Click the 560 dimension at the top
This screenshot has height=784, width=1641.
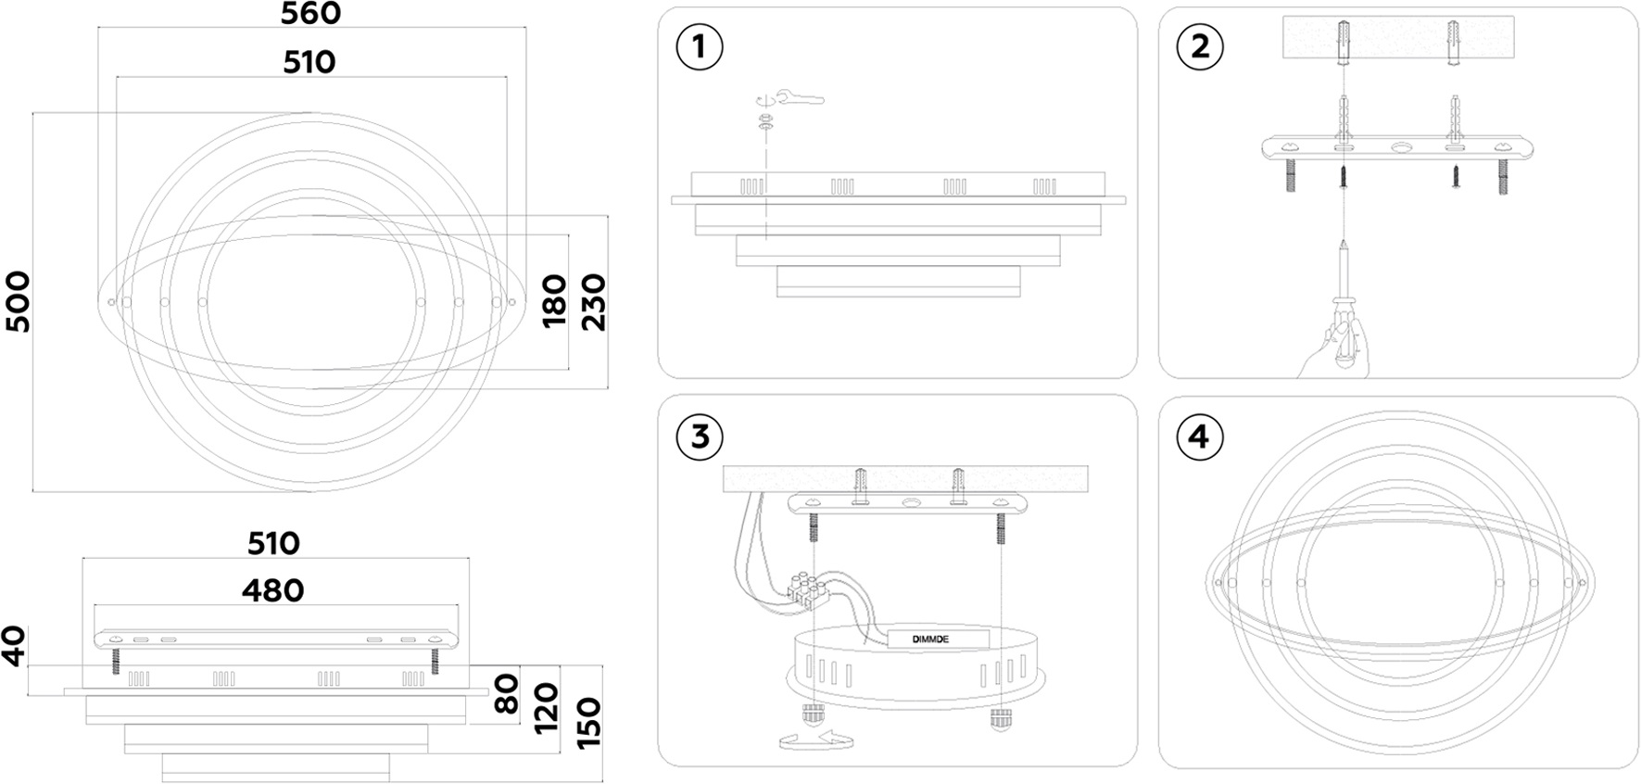click(310, 14)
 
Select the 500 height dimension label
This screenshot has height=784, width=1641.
click(18, 301)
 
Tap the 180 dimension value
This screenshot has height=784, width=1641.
click(554, 299)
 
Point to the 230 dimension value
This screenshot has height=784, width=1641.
click(593, 302)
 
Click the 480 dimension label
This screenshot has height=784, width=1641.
click(273, 590)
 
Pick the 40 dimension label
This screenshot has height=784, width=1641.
click(14, 645)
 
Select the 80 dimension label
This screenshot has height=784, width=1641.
click(507, 693)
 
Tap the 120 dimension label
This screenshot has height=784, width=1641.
click(548, 707)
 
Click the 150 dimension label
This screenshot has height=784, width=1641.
click(588, 722)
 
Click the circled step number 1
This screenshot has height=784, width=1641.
click(700, 46)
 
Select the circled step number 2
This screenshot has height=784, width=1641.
click(1200, 46)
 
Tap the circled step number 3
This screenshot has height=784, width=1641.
click(700, 436)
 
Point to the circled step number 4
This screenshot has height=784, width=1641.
click(1200, 436)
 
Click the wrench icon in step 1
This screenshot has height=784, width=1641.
click(801, 98)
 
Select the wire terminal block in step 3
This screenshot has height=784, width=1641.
click(806, 589)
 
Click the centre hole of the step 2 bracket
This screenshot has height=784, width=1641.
click(1400, 147)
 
